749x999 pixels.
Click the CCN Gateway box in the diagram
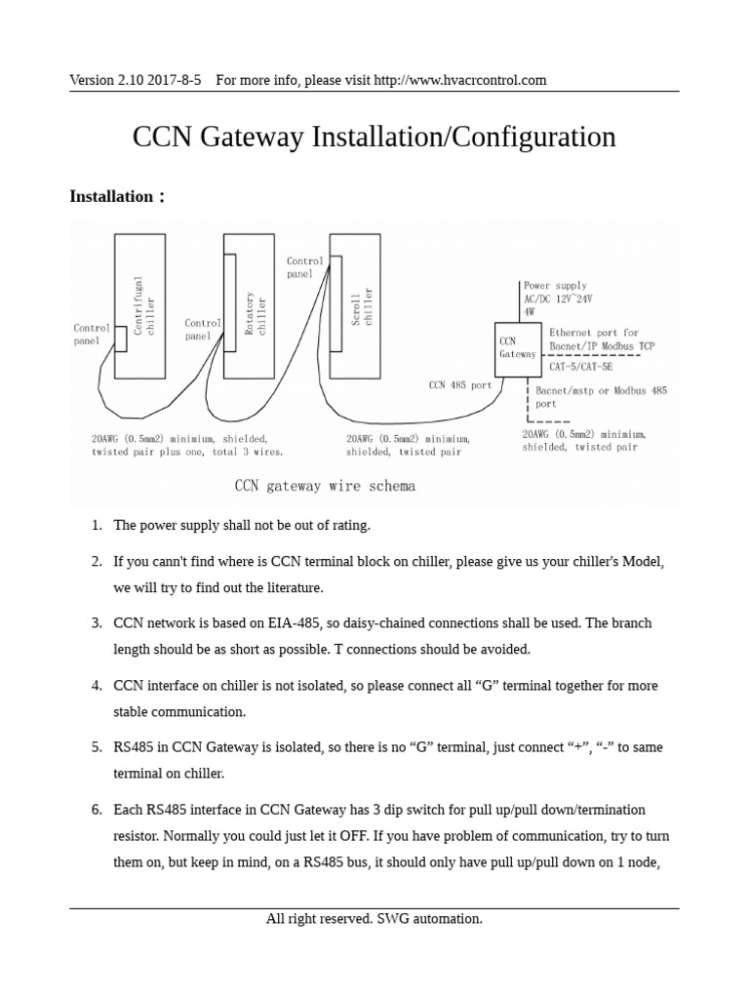point(517,347)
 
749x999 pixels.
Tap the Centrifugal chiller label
point(144,304)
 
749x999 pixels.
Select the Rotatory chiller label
point(255,313)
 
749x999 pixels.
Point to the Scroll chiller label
point(362,309)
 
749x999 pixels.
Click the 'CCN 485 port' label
point(460,385)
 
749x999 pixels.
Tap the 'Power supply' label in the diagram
point(555,286)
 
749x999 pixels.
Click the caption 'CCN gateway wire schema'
point(325,486)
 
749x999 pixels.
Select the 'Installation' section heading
point(111,197)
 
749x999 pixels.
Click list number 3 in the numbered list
point(97,622)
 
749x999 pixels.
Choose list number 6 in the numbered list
point(97,810)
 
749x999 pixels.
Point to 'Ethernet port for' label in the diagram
point(594,333)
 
